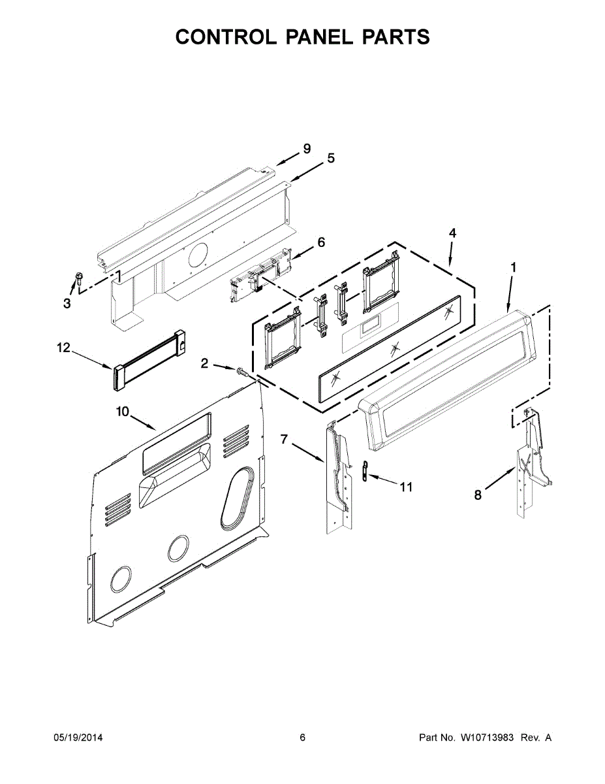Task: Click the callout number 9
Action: (x=306, y=149)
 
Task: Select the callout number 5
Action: (x=331, y=158)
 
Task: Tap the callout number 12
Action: (x=63, y=348)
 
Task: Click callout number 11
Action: (x=406, y=487)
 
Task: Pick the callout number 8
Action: (x=478, y=496)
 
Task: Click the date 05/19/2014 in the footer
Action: (x=78, y=738)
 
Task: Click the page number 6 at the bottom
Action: (x=302, y=738)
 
